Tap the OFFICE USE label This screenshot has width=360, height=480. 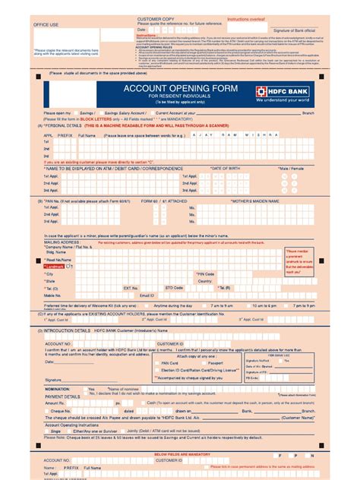tap(46, 24)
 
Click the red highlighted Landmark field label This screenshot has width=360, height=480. tap(56, 267)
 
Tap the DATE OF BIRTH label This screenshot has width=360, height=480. tap(226, 168)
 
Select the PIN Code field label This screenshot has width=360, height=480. tap(206, 273)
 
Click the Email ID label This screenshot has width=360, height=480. tap(157, 295)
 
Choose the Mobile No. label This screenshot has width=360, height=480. tap(53, 295)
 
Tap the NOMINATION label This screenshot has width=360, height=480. tap(58, 389)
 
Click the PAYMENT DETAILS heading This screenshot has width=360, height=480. tap(62, 396)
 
